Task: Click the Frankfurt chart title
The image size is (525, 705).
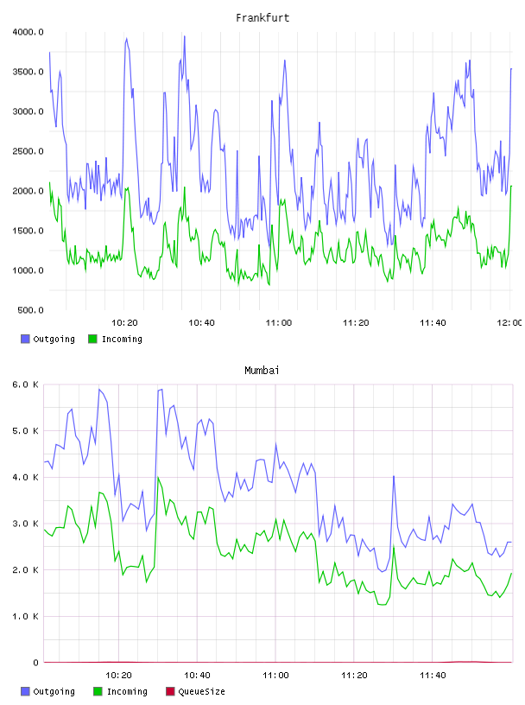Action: coord(262,18)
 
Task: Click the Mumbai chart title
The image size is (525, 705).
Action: coord(262,371)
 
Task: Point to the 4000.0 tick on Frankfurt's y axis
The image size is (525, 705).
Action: coord(28,32)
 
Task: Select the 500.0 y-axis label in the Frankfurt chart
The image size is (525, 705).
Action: coord(30,310)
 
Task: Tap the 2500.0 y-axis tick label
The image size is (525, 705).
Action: coord(28,151)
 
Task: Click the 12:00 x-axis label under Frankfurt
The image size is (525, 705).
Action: coord(509,323)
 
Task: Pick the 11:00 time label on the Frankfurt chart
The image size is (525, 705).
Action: coord(279,323)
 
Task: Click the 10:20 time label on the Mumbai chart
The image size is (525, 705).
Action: coord(118,676)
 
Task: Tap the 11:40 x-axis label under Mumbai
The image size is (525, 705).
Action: coord(433,676)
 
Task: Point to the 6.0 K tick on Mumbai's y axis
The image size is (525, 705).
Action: coord(26,384)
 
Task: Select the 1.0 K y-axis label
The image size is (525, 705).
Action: coord(26,616)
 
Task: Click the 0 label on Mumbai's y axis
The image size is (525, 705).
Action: coord(35,663)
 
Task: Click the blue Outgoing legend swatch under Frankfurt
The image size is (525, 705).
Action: coord(25,339)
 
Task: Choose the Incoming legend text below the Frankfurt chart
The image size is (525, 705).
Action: coord(122,340)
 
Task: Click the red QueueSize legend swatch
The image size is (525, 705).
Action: coord(170,691)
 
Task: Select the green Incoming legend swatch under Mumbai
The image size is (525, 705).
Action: coord(98,691)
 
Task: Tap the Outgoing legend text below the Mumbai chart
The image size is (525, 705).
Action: coord(54,692)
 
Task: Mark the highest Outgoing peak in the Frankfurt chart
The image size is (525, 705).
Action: coord(184,36)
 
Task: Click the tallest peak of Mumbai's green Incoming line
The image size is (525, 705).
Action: coord(158,478)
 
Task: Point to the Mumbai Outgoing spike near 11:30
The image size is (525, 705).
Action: coord(394,476)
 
